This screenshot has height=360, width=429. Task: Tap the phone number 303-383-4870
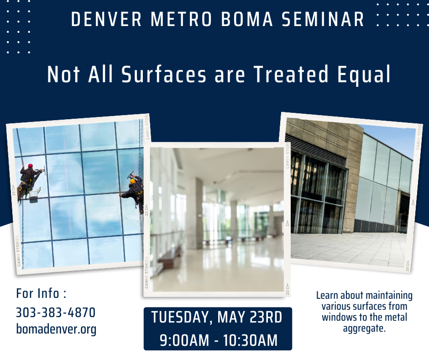click(x=56, y=312)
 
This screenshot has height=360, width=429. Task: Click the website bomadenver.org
click(x=56, y=329)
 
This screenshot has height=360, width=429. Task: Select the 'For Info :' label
click(x=41, y=293)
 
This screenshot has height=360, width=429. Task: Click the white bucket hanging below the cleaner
click(x=34, y=194)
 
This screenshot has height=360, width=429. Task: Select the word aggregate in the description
click(x=364, y=328)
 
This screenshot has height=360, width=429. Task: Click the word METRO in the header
click(x=173, y=20)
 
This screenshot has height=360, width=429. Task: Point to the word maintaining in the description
click(x=389, y=296)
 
